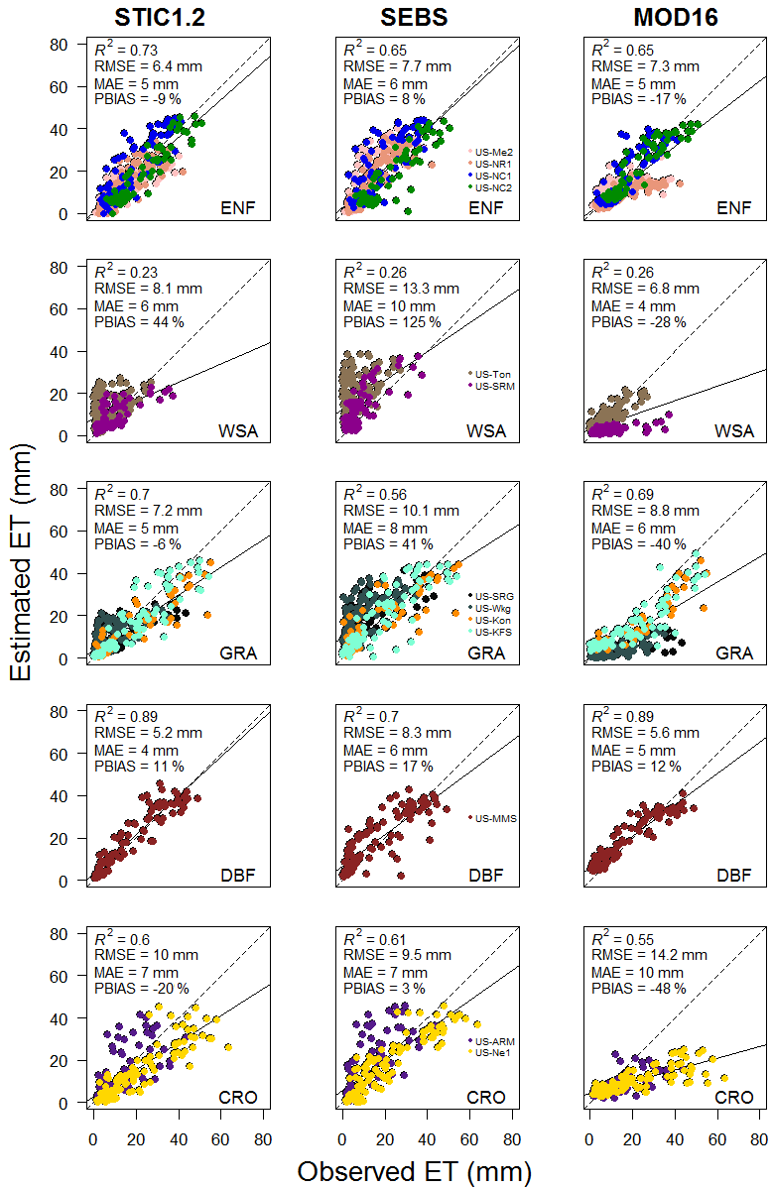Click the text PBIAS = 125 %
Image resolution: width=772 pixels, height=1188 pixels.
[385, 322]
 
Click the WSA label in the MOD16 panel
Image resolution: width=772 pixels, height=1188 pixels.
[734, 430]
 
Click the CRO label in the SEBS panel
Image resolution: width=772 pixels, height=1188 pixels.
[486, 1097]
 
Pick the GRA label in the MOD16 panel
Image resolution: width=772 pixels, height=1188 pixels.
[734, 653]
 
